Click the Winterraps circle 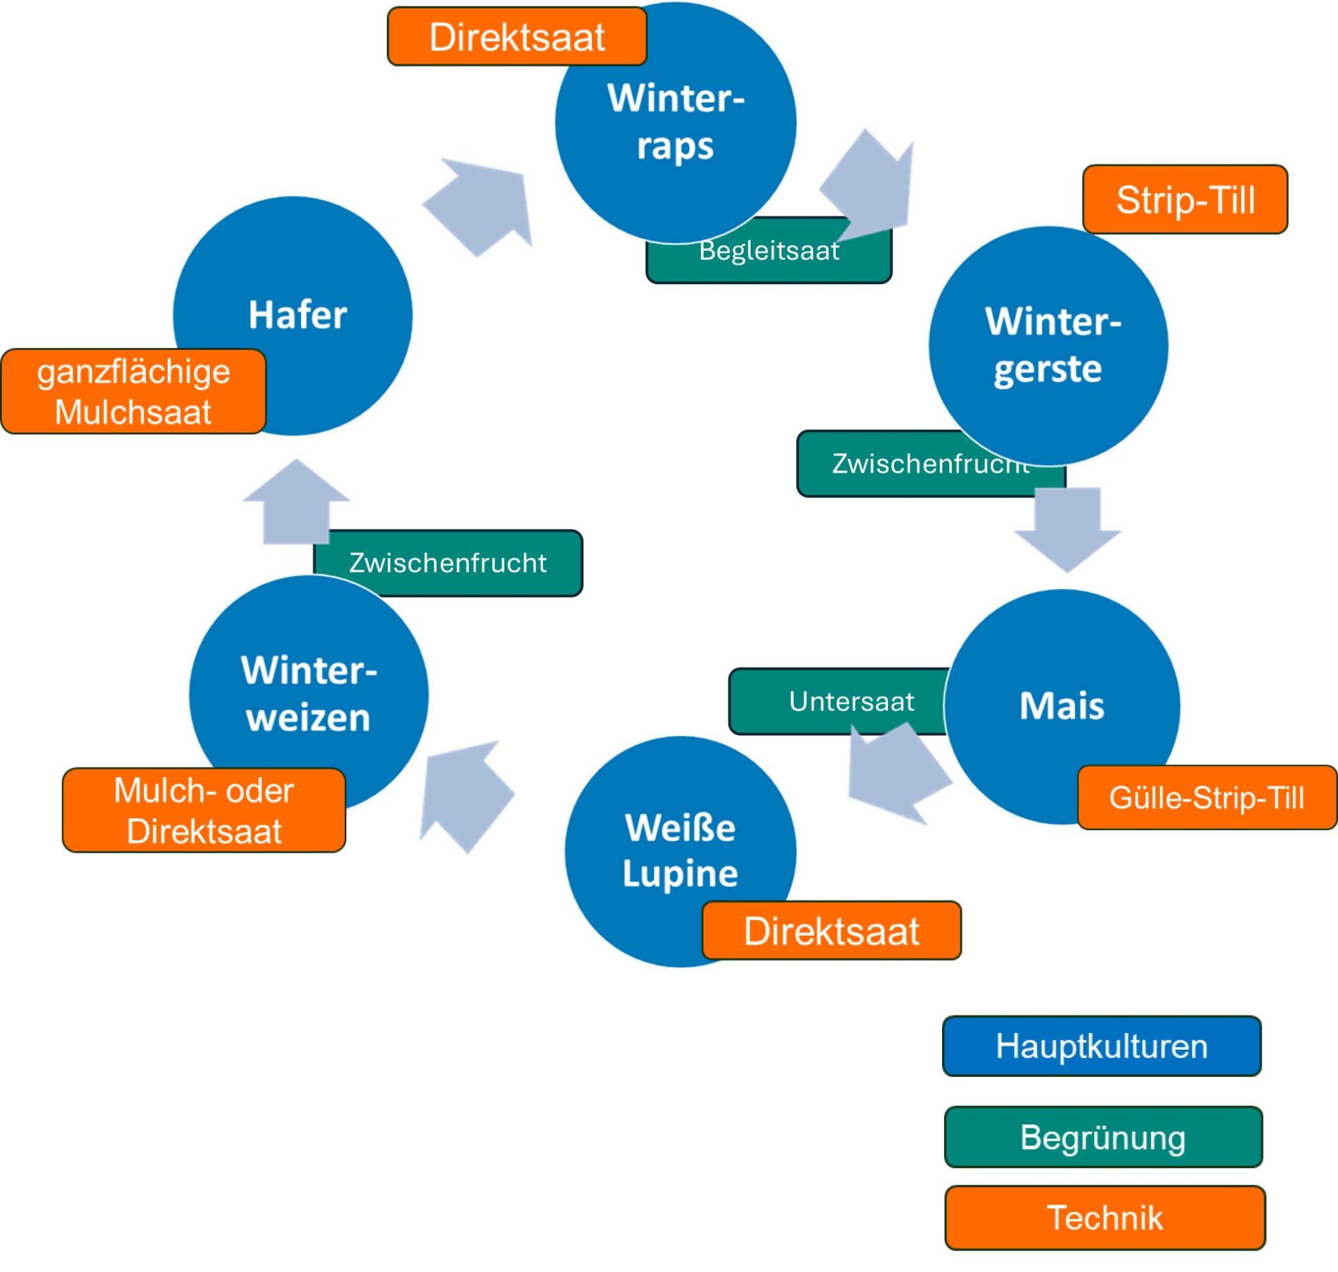click(x=675, y=122)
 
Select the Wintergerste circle click(x=1049, y=346)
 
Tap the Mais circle click(x=1062, y=705)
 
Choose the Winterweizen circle click(x=309, y=693)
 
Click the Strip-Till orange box click(x=1184, y=199)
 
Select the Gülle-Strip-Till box click(x=1207, y=797)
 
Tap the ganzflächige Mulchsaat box click(x=133, y=391)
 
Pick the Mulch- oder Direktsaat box click(x=204, y=810)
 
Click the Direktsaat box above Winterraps click(x=516, y=37)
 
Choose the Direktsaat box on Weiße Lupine click(x=831, y=930)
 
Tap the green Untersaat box click(x=838, y=701)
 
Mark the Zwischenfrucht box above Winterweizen click(x=448, y=563)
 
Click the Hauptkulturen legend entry click(x=1101, y=1045)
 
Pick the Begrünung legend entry click(x=1103, y=1137)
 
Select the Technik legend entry click(x=1105, y=1217)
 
